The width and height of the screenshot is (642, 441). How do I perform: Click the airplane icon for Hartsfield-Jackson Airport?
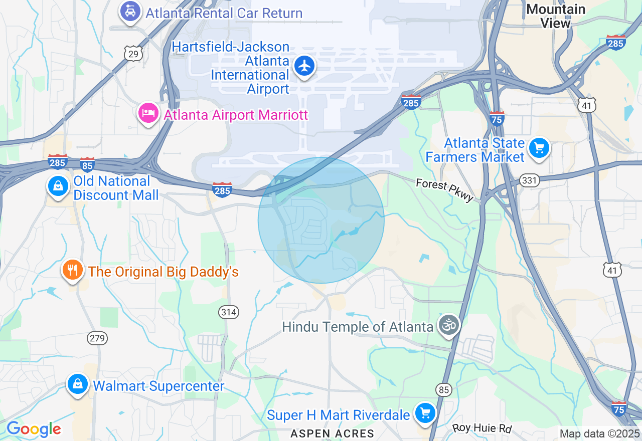click(x=304, y=66)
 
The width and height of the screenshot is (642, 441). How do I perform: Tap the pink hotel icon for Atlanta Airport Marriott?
click(x=148, y=112)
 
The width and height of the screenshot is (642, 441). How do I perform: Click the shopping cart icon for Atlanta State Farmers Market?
click(x=539, y=148)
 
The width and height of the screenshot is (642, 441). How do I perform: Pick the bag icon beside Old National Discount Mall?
click(x=59, y=186)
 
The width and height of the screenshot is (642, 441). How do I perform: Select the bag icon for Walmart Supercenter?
click(x=78, y=384)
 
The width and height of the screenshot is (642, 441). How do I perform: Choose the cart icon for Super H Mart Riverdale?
click(x=425, y=413)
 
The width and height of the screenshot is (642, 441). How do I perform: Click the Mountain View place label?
click(x=556, y=16)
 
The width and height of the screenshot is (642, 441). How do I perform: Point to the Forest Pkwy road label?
click(x=444, y=190)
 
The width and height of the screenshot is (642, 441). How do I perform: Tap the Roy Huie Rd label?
click(x=481, y=428)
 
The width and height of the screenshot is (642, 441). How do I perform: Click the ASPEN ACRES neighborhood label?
click(x=333, y=433)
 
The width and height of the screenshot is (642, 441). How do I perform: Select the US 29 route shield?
click(x=133, y=54)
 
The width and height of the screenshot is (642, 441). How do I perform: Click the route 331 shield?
click(x=530, y=180)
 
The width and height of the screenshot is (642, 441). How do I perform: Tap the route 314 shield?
click(x=229, y=312)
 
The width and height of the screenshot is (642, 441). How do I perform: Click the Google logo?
click(x=34, y=429)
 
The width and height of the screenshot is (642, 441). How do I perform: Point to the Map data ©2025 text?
click(x=599, y=433)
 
